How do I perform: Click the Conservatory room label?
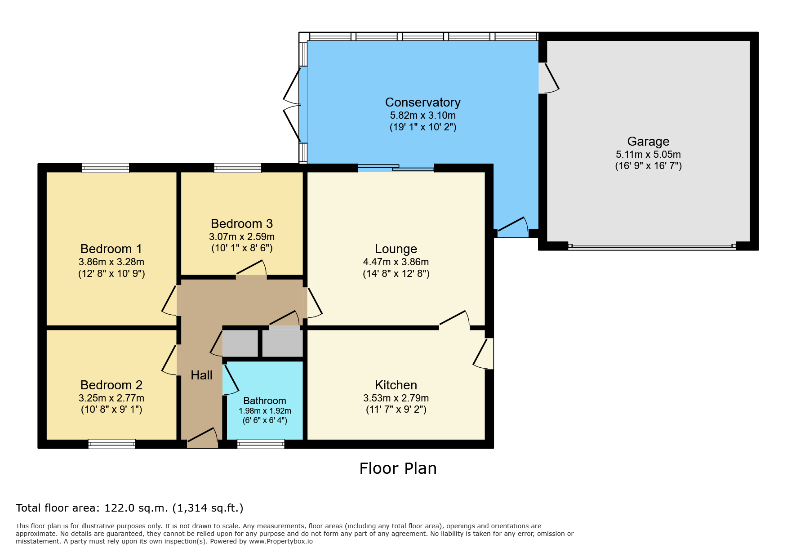coord(422,102)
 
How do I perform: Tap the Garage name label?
coord(648,142)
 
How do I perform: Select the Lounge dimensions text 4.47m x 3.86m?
coord(396,262)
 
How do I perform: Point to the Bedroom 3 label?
coord(242,223)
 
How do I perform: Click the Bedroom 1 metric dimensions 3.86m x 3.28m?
coord(111,262)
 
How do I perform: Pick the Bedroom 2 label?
coord(111,385)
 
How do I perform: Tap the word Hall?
coord(201,375)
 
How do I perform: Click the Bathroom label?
coord(265,401)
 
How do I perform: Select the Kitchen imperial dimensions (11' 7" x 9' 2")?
coord(396,409)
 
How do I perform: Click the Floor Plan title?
coord(398,468)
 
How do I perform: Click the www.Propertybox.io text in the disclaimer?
coord(281,541)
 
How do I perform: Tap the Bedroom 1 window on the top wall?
coord(106,168)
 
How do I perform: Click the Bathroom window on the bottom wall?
coord(261,444)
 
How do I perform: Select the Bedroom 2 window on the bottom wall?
coord(112,444)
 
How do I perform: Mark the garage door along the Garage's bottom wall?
coord(652,246)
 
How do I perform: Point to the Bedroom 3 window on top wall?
coord(238,168)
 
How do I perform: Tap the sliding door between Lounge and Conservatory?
coord(396,168)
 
